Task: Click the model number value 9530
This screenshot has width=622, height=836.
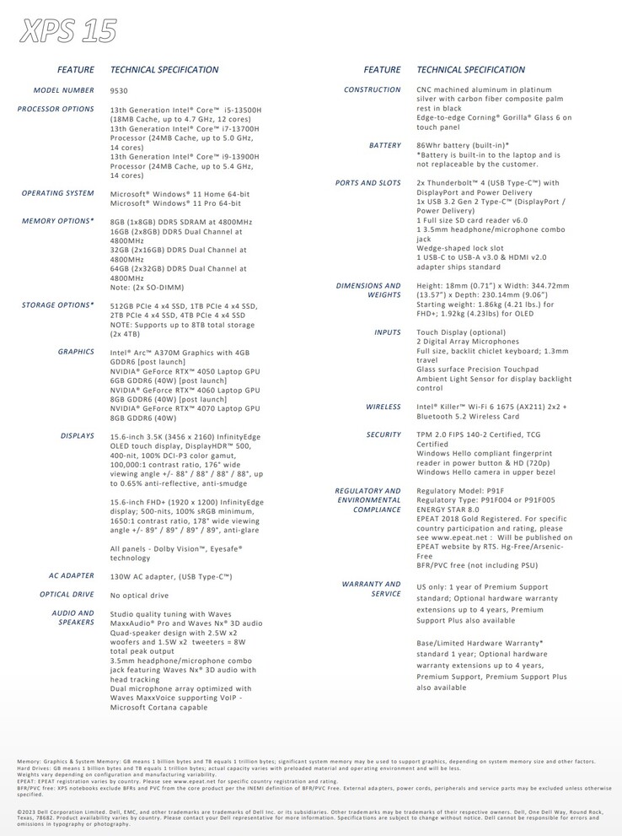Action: point(119,90)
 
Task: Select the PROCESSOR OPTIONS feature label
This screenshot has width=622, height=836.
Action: point(56,109)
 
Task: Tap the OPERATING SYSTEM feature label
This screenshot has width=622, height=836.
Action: point(57,193)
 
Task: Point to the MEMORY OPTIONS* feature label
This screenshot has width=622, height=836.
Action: point(58,221)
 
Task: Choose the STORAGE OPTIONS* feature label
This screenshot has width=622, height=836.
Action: point(58,305)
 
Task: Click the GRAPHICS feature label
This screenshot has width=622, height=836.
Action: point(76,351)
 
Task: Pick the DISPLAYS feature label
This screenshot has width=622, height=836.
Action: point(78,435)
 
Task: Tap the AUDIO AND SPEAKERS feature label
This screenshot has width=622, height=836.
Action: point(73,618)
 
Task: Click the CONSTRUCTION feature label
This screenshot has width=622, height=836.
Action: point(373,89)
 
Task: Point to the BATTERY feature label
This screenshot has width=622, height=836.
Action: point(385,145)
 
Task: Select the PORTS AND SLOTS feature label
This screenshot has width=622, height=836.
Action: point(368,183)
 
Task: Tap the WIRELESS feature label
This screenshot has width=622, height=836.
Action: point(383,407)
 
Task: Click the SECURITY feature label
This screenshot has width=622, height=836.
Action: point(384,434)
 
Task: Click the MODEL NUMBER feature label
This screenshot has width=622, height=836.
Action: point(64,89)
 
